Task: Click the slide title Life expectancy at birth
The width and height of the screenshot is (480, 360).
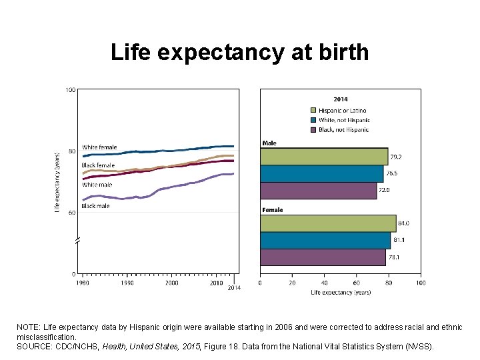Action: click(239, 52)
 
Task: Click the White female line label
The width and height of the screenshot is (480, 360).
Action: click(99, 147)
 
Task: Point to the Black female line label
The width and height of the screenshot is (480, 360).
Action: click(98, 165)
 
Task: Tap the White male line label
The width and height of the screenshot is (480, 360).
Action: click(97, 185)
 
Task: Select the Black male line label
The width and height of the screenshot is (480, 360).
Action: click(95, 206)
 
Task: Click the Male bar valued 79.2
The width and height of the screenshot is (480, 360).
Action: click(323, 157)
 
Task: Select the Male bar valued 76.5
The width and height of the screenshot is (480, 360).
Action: click(321, 173)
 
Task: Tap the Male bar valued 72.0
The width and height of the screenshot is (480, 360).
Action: click(318, 191)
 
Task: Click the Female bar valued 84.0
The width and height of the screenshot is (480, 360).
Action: click(327, 223)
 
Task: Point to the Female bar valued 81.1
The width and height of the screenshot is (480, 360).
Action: click(325, 240)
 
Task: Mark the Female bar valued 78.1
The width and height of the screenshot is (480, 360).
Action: click(323, 257)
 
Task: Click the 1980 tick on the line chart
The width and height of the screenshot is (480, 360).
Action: click(83, 283)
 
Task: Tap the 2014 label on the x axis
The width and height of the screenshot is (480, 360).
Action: click(234, 288)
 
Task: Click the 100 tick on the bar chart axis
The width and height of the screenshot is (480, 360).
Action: click(421, 283)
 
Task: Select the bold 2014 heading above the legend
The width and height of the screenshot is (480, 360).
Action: click(340, 100)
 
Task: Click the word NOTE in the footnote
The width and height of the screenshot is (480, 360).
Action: click(28, 328)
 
